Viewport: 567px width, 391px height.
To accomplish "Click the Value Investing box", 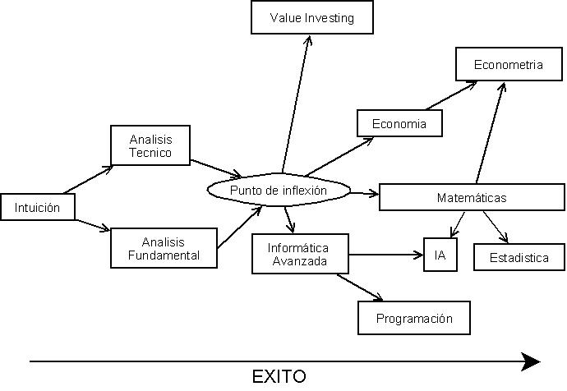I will [311, 17].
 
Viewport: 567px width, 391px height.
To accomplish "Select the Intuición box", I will [38, 207].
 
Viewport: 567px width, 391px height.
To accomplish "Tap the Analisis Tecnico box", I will [150, 145].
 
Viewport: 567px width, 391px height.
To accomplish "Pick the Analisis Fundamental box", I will [164, 248].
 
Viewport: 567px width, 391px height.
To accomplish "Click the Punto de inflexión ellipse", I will [279, 191].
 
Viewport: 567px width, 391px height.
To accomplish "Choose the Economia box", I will [399, 123].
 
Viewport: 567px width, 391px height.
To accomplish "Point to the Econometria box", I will [508, 65].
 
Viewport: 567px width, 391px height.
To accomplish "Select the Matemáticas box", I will [471, 197].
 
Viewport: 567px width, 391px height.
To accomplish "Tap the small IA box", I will [440, 255].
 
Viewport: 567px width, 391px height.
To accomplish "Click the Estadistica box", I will [519, 257].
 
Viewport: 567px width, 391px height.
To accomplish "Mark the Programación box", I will [415, 318].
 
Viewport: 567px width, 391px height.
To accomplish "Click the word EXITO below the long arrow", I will [279, 377].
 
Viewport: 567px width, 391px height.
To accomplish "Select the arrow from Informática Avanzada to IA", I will [385, 255].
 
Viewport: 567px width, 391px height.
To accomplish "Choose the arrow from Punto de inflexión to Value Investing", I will [296, 99].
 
